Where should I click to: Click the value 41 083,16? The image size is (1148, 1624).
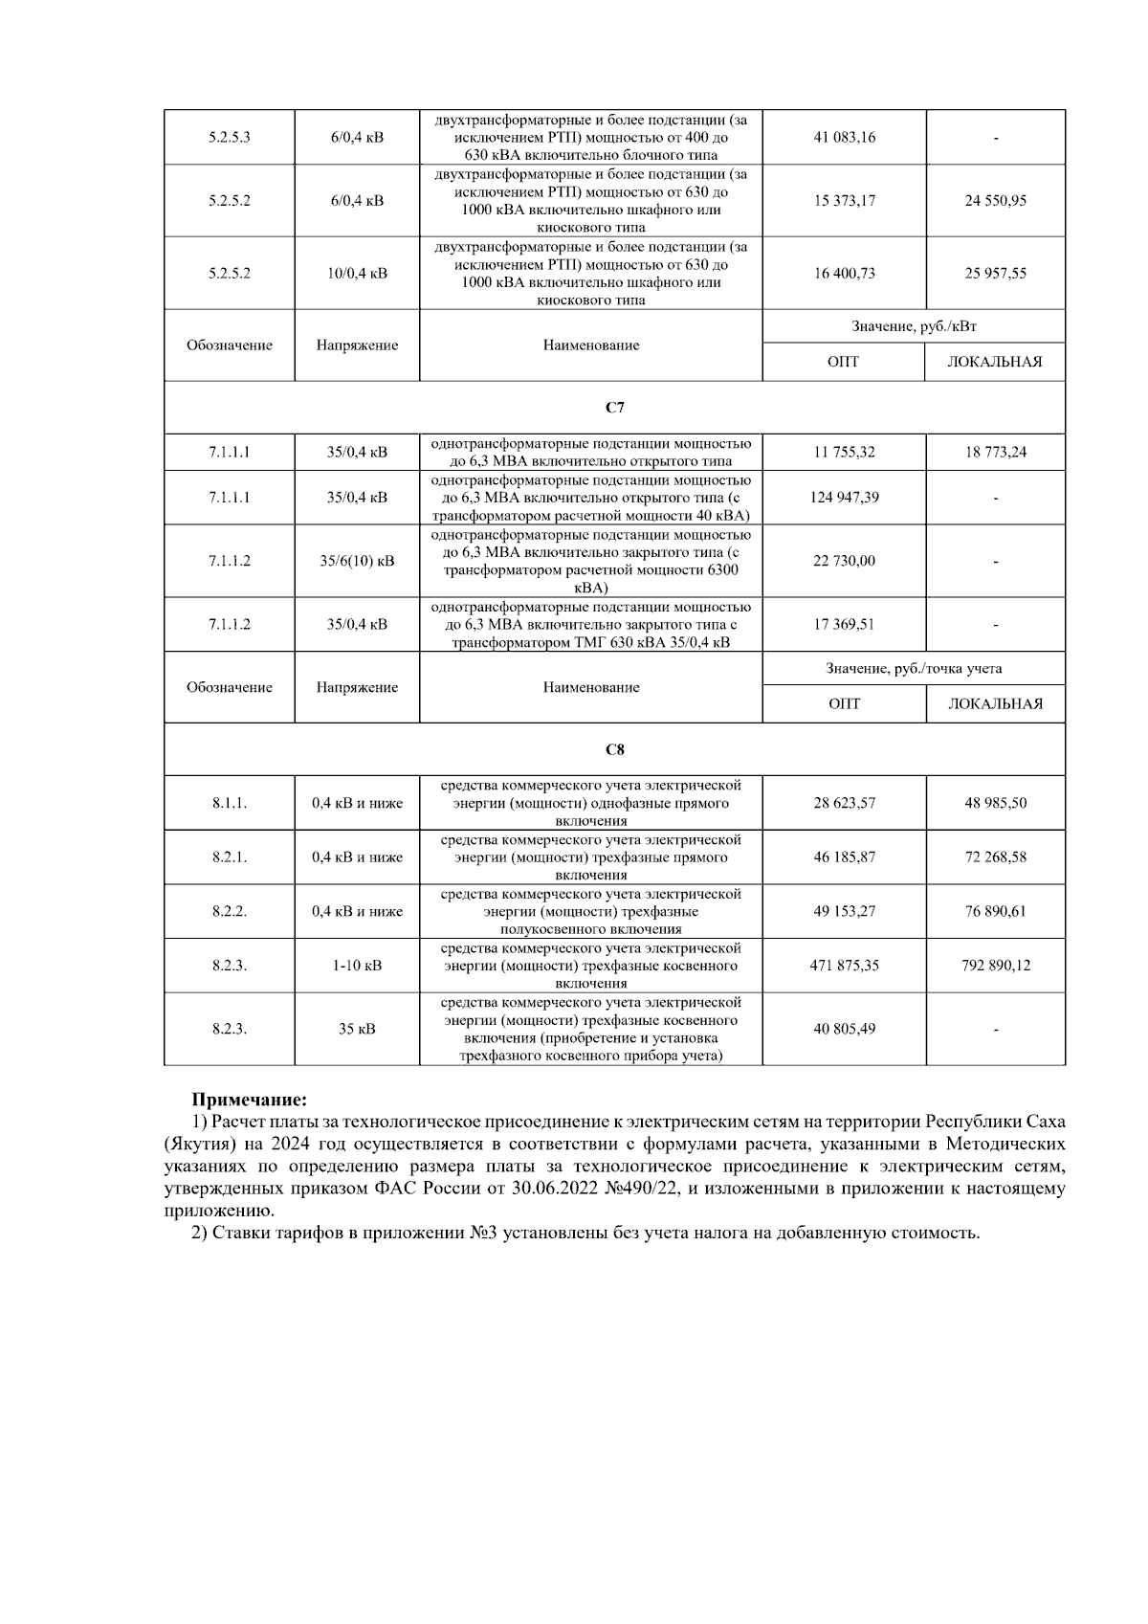(x=844, y=137)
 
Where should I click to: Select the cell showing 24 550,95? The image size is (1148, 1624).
(x=995, y=201)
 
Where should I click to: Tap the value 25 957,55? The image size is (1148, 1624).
(x=995, y=273)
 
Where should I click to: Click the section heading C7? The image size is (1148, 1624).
(x=615, y=408)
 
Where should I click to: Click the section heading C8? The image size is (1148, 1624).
(x=615, y=749)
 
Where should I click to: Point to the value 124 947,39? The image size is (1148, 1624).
(x=844, y=498)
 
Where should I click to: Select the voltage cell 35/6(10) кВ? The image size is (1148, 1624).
(x=357, y=561)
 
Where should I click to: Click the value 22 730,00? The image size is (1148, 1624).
(x=844, y=561)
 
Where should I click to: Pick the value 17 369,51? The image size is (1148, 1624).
(x=844, y=624)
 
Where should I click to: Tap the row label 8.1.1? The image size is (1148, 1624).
(x=230, y=803)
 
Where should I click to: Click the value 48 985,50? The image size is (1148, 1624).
(x=995, y=803)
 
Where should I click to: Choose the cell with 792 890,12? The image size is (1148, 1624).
(x=995, y=966)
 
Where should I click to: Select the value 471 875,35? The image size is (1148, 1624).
(x=844, y=966)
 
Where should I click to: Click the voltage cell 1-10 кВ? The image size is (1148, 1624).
(x=357, y=966)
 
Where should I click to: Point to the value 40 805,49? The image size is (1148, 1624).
(x=844, y=1029)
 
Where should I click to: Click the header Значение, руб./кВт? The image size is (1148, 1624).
(x=914, y=326)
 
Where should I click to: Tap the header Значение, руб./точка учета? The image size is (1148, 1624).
(x=914, y=668)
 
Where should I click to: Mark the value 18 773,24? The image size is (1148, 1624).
(x=995, y=452)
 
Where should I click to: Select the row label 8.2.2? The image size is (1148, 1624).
(x=230, y=911)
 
